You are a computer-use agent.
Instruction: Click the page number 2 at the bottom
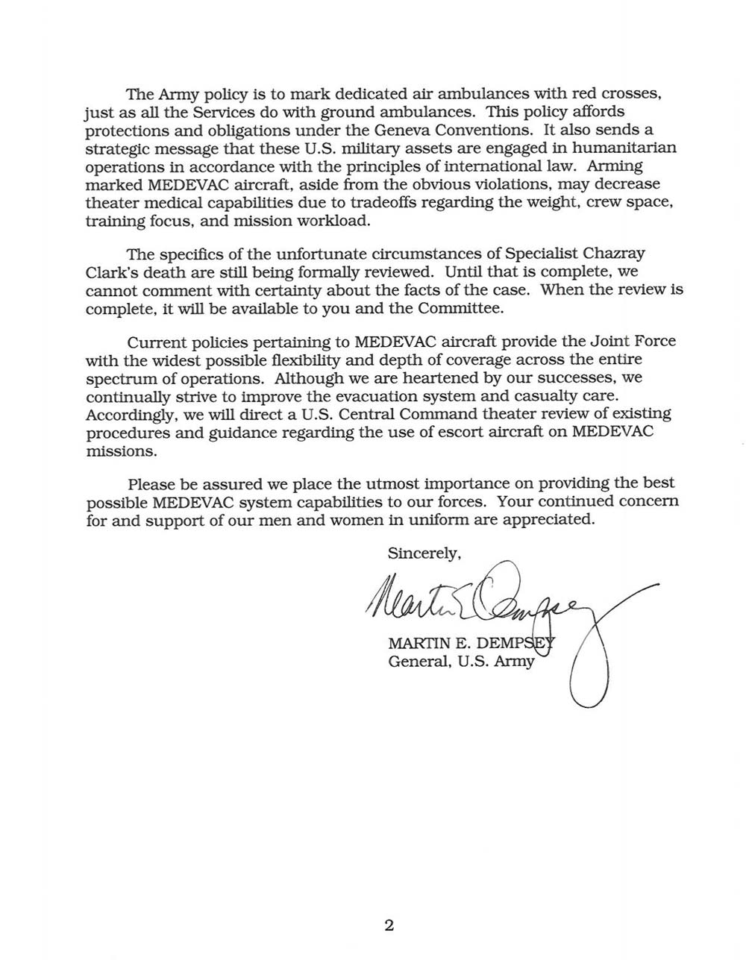point(389,926)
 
